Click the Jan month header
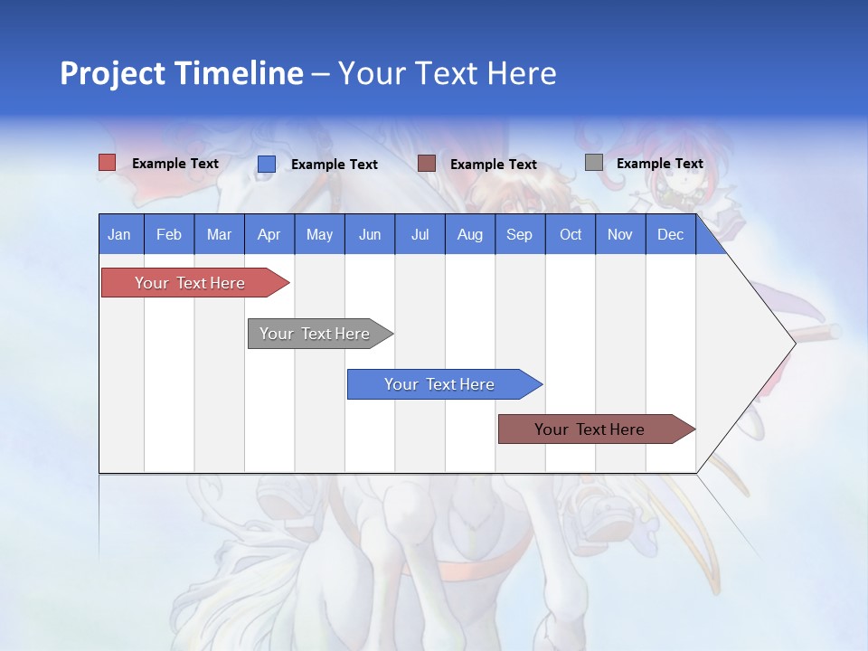(x=120, y=234)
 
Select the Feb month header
(x=169, y=234)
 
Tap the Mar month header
(x=219, y=234)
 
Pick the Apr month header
(x=269, y=234)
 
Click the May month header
(x=319, y=234)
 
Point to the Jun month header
(x=370, y=234)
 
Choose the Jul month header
(x=420, y=234)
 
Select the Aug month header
(x=470, y=234)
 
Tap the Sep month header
(x=520, y=234)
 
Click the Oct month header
(x=571, y=234)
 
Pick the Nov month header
(x=620, y=234)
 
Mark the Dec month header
(x=671, y=234)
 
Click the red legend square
(x=108, y=163)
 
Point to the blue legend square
(x=267, y=164)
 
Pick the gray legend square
(x=594, y=163)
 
